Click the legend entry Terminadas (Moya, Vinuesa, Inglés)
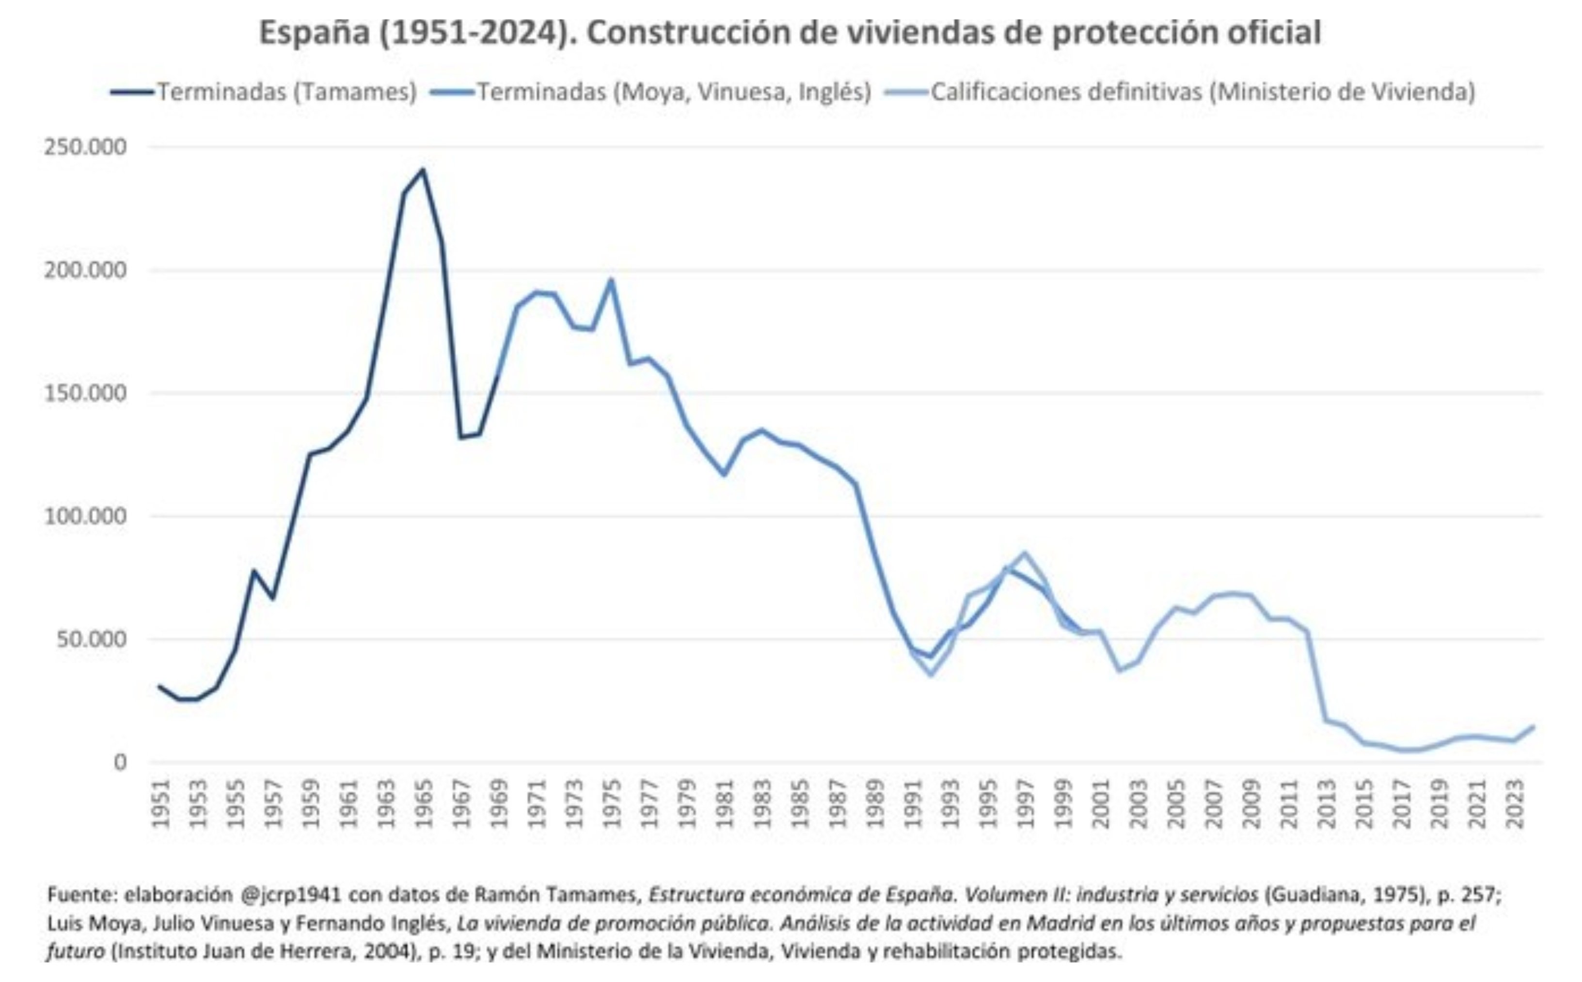(x=673, y=92)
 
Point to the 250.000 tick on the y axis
(x=85, y=147)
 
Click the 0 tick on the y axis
(x=120, y=762)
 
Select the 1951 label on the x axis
(x=160, y=804)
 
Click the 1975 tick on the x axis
(x=611, y=804)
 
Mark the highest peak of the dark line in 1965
(x=424, y=170)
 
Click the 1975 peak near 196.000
(x=611, y=281)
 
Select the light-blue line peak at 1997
(x=1025, y=554)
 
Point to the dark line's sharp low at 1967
(x=460, y=437)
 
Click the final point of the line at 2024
(x=1534, y=727)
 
